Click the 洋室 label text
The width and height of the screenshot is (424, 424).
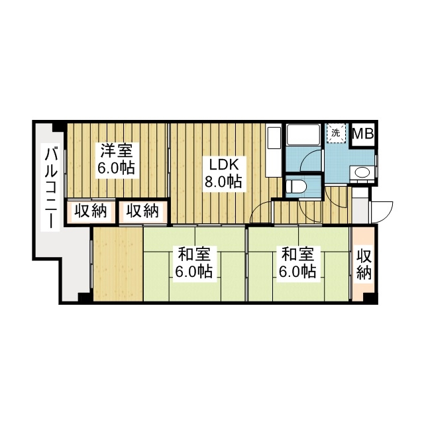pyautogui.click(x=116, y=149)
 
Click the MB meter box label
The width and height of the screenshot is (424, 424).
pyautogui.click(x=362, y=134)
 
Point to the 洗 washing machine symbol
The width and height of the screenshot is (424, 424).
pyautogui.click(x=336, y=132)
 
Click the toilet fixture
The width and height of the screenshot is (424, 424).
pyautogui.click(x=295, y=185)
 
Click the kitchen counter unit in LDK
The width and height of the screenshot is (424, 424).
pyautogui.click(x=273, y=152)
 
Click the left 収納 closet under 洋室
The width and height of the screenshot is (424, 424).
pyautogui.click(x=90, y=211)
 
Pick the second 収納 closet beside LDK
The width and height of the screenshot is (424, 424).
pyautogui.click(x=142, y=211)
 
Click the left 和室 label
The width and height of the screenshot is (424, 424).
pyautogui.click(x=193, y=254)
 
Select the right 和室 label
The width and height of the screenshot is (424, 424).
pyautogui.click(x=297, y=254)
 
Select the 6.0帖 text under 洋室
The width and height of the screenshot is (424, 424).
pyautogui.click(x=116, y=168)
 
